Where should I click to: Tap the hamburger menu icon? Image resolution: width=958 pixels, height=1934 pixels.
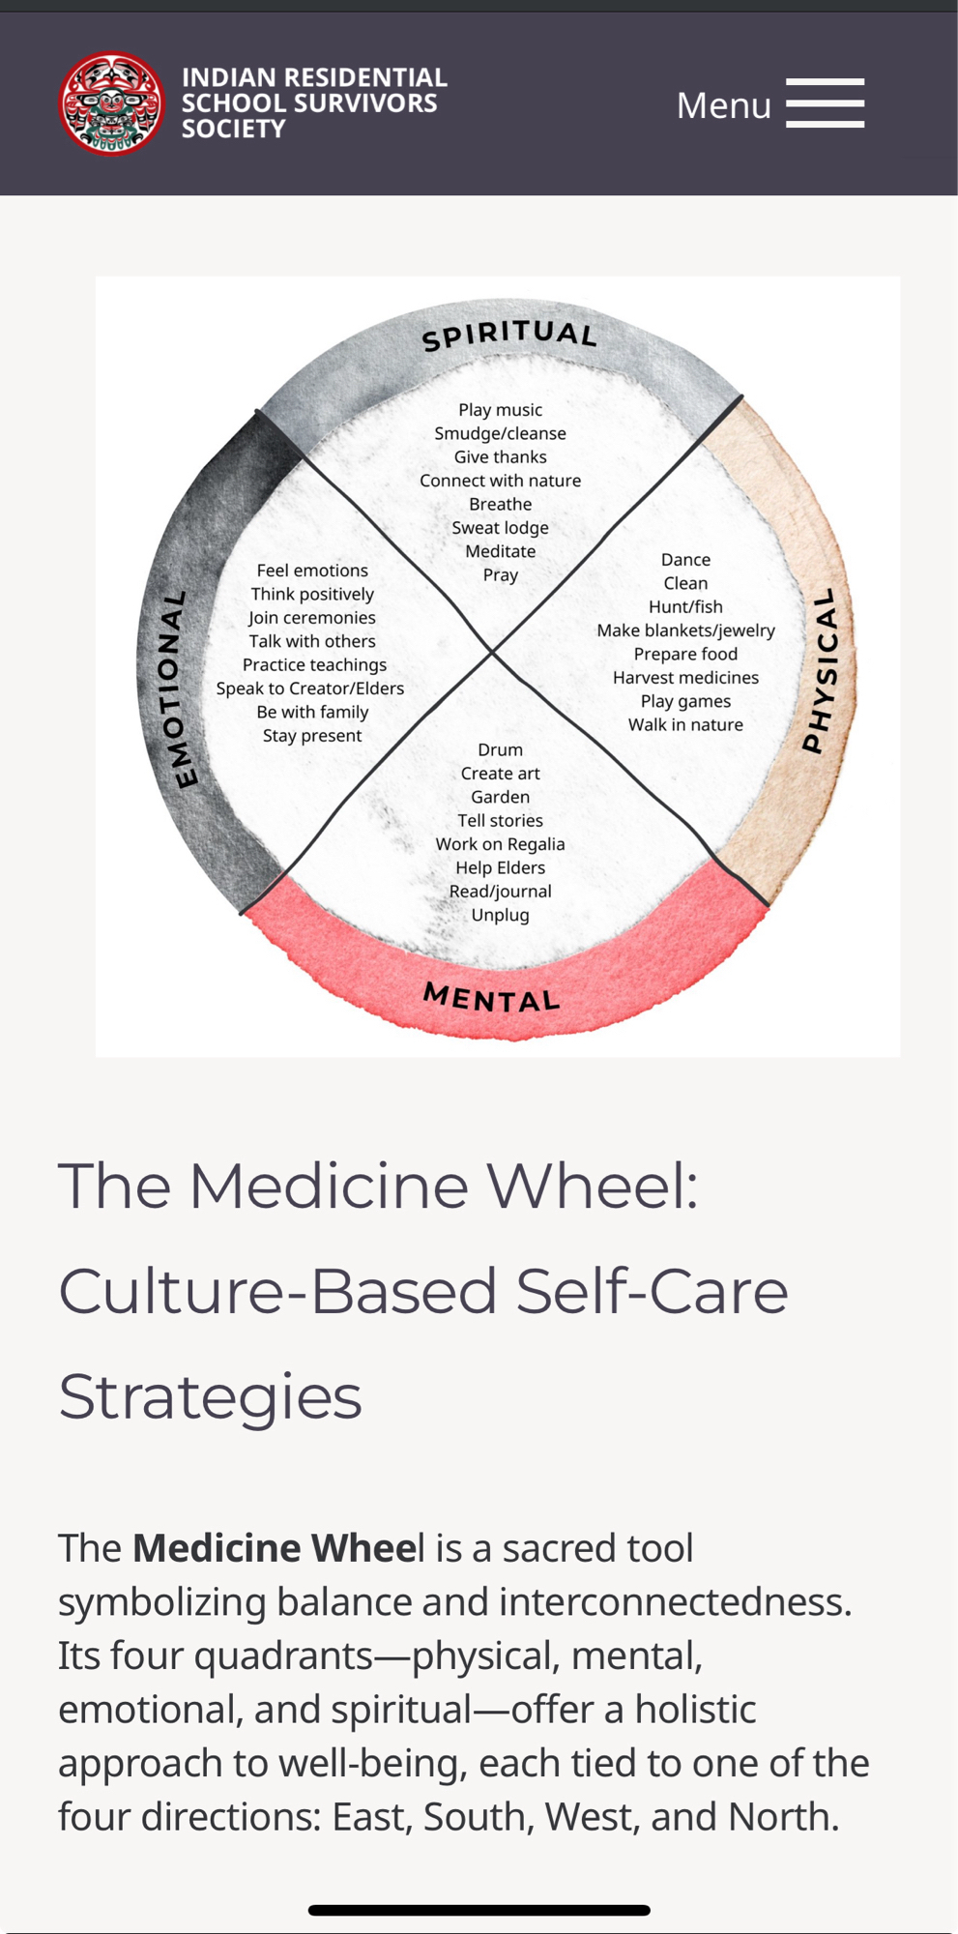coord(825,103)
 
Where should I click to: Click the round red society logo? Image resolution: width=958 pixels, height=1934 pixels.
coord(111,103)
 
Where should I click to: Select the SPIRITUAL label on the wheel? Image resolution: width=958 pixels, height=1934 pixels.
coord(509,335)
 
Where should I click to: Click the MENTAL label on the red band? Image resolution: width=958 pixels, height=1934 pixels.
coord(492,997)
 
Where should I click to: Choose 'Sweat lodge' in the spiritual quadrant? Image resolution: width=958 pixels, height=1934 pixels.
coord(500,528)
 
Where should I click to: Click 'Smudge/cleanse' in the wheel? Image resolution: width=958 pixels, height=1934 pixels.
coord(500,433)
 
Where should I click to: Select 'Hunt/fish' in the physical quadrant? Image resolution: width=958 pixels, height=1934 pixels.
coord(685,606)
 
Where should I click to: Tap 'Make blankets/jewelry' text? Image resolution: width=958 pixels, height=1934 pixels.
coord(685,630)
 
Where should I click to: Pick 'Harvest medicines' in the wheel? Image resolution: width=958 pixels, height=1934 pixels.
coord(685,678)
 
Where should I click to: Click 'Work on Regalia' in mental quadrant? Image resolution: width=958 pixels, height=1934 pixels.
coord(500,844)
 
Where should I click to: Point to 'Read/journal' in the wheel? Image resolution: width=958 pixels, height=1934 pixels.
coord(500,892)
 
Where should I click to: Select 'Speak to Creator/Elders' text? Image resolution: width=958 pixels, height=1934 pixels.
coord(310,689)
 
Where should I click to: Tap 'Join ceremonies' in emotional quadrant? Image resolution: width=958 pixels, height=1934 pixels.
coord(311,618)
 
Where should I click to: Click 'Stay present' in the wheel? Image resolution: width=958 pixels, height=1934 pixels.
coord(311,736)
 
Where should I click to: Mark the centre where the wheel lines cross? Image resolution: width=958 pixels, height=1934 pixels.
coord(492,653)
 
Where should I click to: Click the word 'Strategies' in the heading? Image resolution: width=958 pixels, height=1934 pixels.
coord(210,1396)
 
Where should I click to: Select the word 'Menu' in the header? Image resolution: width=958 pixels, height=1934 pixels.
coord(723,105)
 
